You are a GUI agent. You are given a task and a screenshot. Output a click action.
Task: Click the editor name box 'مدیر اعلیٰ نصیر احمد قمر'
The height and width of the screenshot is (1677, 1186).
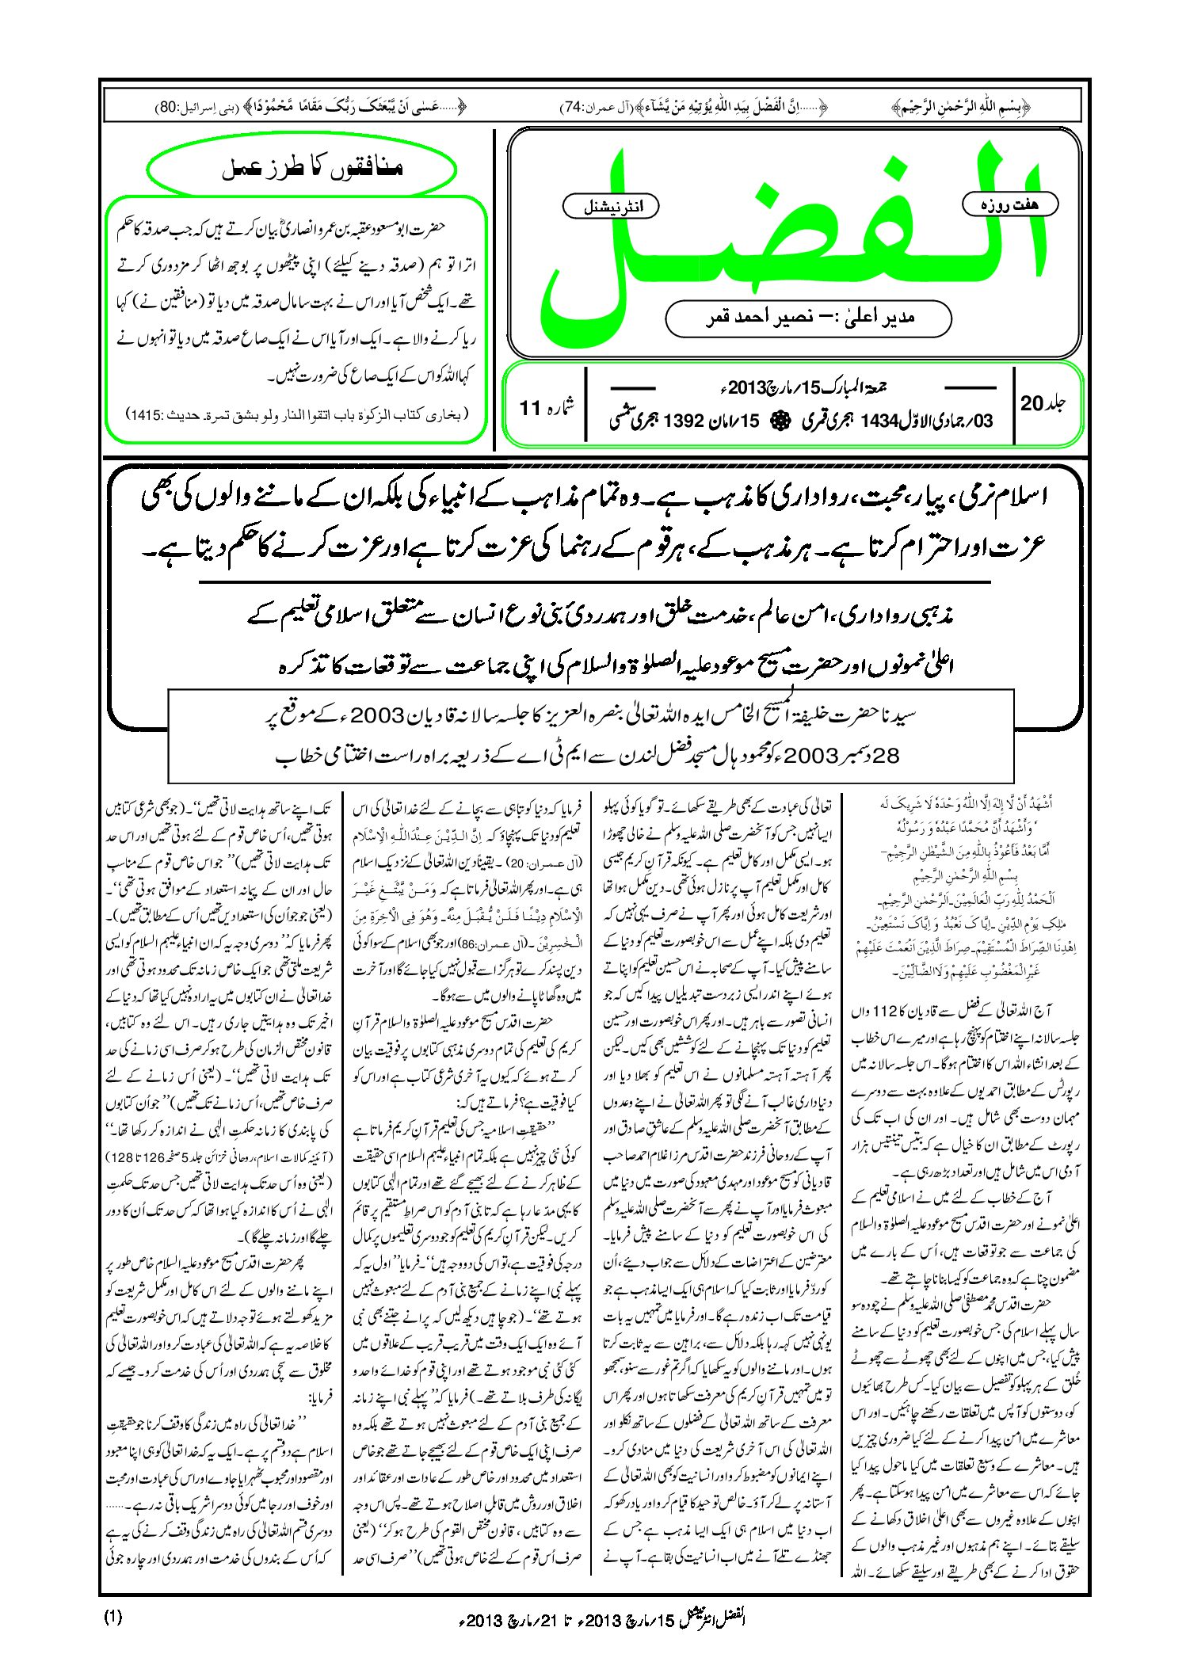(808, 318)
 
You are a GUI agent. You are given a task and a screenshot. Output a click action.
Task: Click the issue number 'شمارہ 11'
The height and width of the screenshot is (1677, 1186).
(547, 406)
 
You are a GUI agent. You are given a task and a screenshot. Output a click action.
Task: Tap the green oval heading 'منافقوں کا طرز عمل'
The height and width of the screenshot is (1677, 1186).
(302, 169)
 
